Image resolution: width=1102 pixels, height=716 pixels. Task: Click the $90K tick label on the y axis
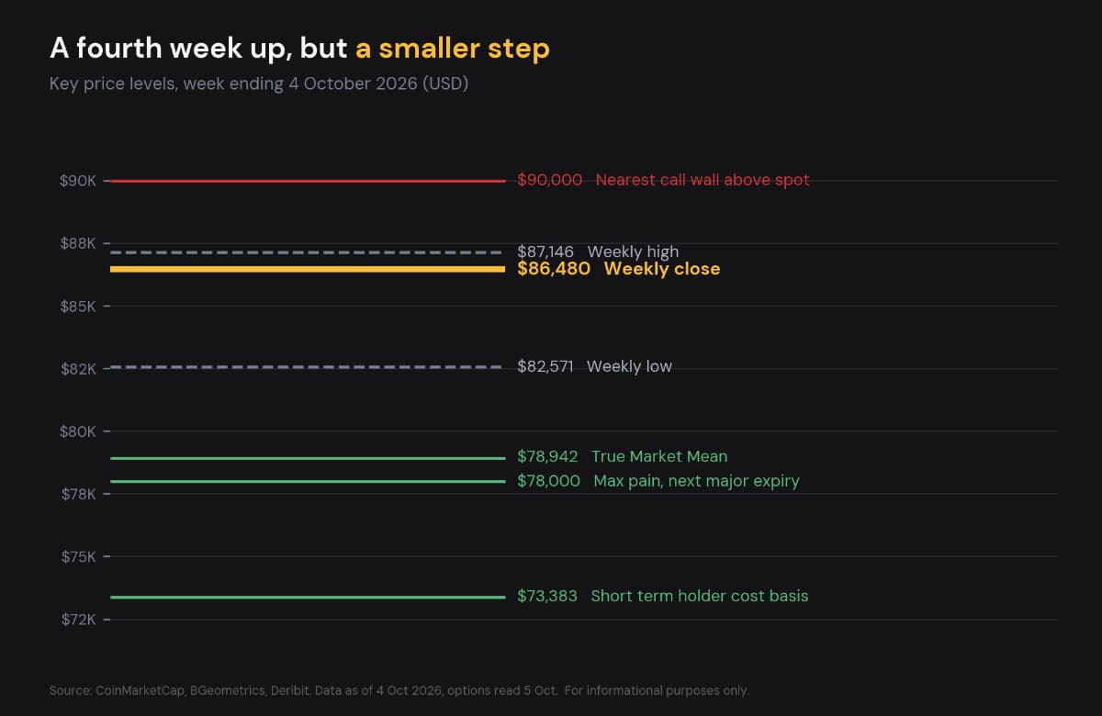[x=78, y=181]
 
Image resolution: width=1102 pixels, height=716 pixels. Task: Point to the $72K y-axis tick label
[x=78, y=619]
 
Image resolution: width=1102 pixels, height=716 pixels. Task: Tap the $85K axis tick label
[x=78, y=307]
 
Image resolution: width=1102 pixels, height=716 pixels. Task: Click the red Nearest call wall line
[x=308, y=181]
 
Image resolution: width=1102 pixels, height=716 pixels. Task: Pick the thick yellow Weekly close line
[x=308, y=269]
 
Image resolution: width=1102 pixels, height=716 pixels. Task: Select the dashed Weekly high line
[x=306, y=252]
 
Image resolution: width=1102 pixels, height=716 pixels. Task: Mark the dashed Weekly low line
[x=306, y=367]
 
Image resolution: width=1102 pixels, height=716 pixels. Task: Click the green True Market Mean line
[x=308, y=458]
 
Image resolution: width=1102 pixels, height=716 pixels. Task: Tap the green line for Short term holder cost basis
[x=308, y=598]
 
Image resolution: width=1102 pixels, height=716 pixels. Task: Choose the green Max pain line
[x=308, y=481]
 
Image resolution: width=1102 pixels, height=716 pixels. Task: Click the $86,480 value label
[x=554, y=269]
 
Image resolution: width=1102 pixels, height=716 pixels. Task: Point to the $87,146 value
[x=545, y=252]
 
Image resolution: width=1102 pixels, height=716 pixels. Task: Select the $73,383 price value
[x=547, y=596]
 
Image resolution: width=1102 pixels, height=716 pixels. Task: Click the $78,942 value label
[x=547, y=456]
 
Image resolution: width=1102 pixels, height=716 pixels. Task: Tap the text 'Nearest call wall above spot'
[x=703, y=180]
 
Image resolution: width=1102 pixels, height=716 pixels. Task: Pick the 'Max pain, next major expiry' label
[x=697, y=481]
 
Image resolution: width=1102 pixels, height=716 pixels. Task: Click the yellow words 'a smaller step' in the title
[x=453, y=49]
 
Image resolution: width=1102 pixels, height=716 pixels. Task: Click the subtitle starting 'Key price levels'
[x=259, y=84]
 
